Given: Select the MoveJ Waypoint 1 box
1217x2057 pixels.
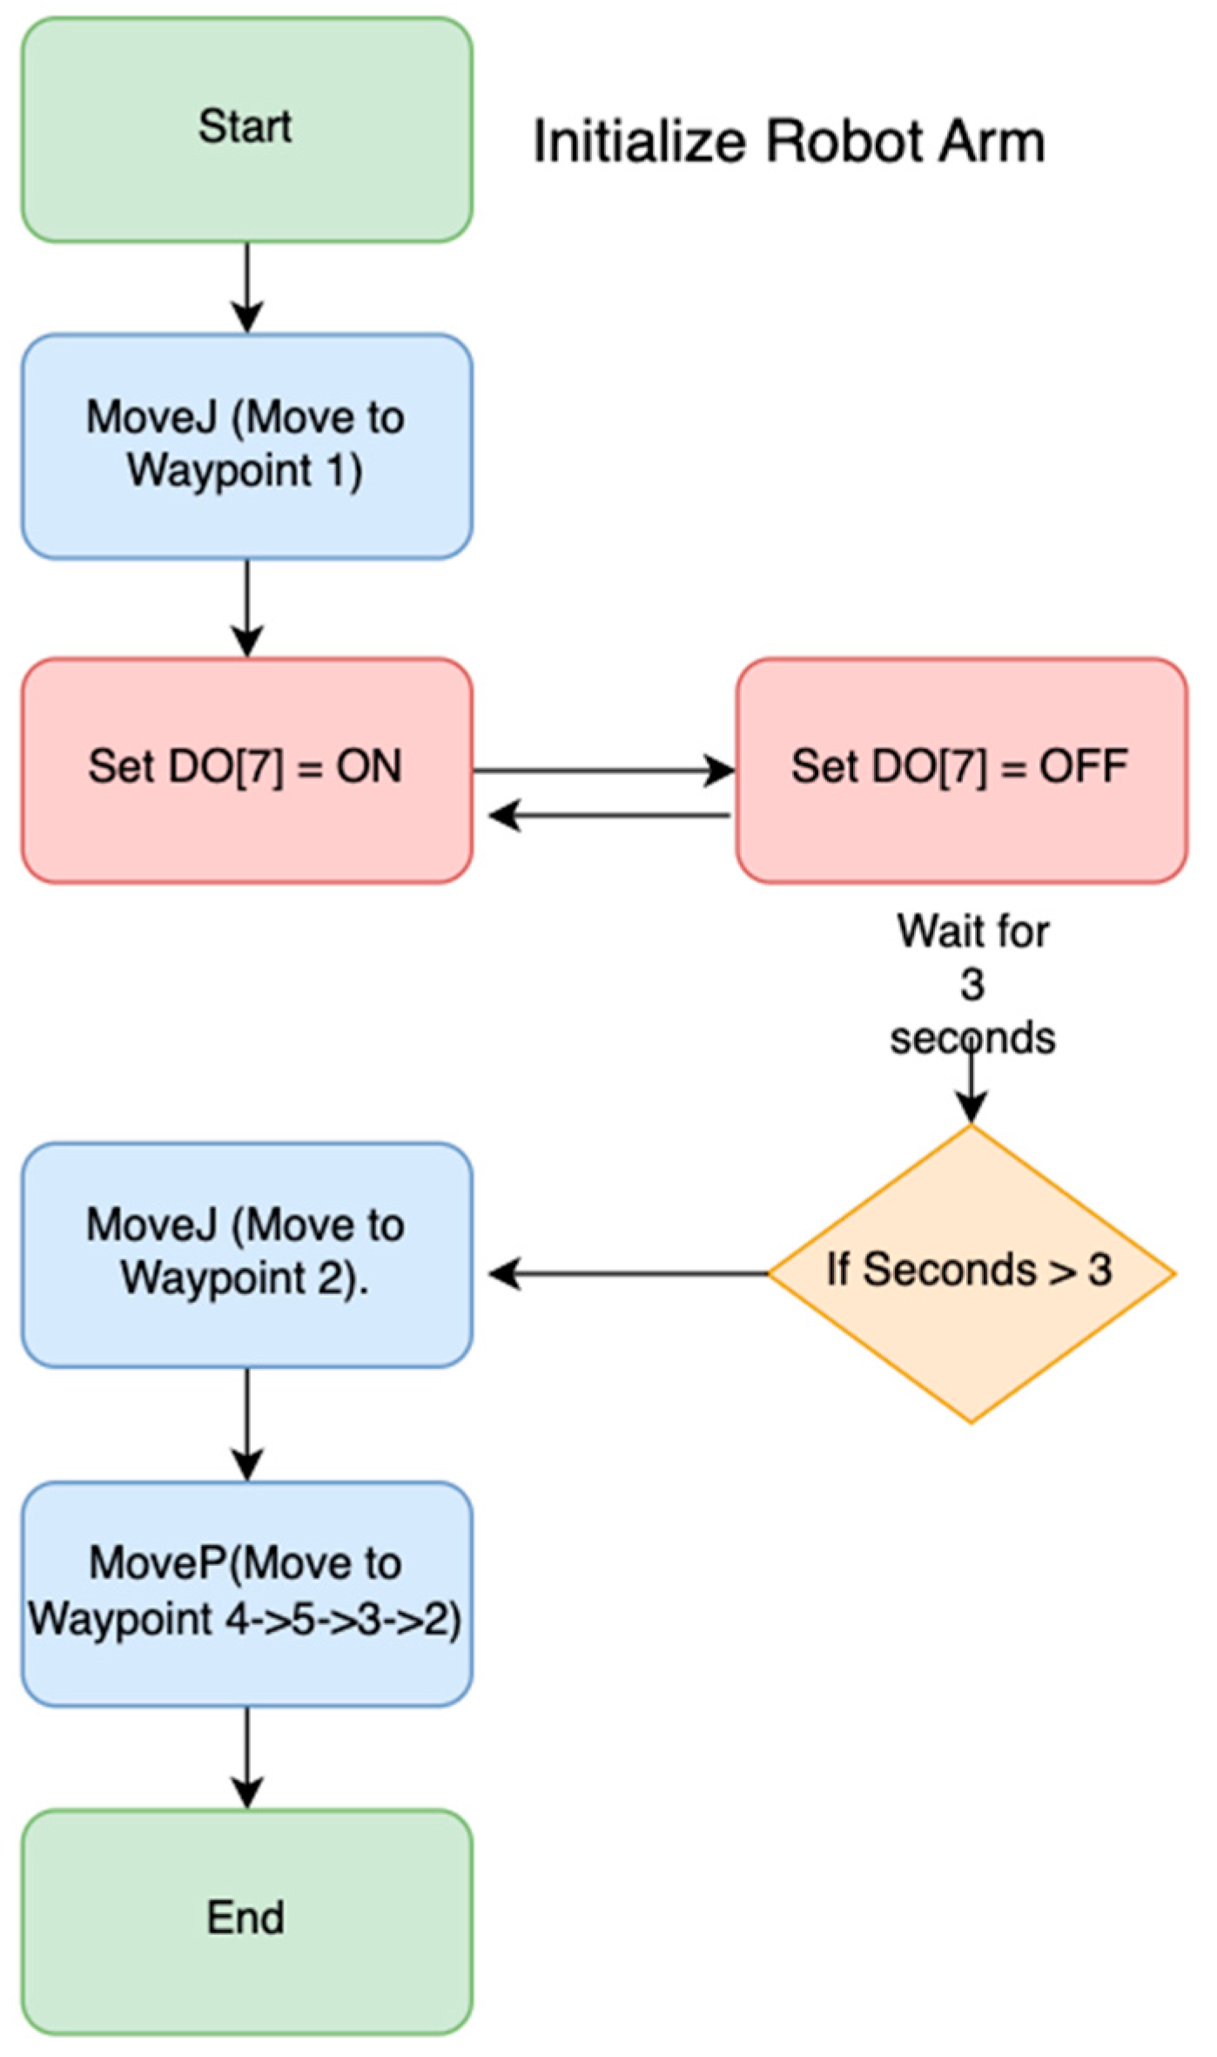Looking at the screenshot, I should click(x=246, y=445).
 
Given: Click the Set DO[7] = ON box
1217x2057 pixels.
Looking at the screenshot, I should click(x=246, y=770).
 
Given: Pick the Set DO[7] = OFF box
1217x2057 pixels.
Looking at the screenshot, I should click(x=961, y=770).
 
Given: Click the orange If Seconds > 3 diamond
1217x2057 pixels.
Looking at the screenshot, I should click(x=971, y=1273).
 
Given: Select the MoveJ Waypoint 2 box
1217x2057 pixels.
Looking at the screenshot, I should click(x=246, y=1254).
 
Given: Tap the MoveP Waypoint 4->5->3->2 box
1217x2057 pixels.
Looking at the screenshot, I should click(x=246, y=1594).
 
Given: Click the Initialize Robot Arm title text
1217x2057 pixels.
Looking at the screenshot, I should click(x=789, y=141).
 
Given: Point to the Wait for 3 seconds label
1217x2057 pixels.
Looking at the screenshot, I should click(x=972, y=984).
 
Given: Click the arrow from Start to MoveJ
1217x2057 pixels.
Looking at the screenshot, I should click(x=247, y=287).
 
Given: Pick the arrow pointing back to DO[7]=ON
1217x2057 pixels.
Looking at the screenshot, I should click(x=609, y=816).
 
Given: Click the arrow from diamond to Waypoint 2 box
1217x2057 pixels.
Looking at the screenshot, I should click(x=627, y=1273).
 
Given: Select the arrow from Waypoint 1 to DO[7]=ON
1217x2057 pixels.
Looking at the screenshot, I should click(x=247, y=608).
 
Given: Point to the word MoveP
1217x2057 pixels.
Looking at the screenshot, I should click(x=157, y=1562).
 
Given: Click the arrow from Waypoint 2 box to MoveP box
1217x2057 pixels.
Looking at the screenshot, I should click(x=247, y=1423).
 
